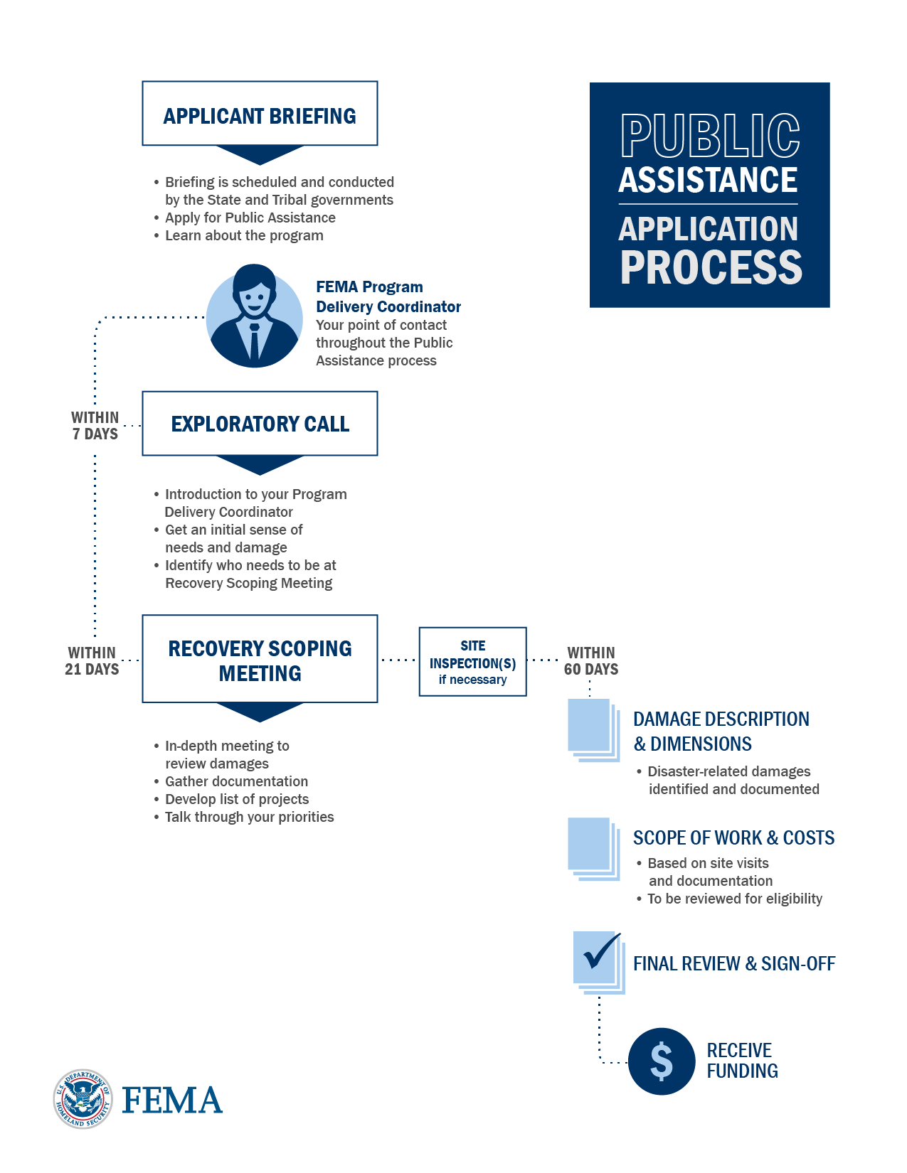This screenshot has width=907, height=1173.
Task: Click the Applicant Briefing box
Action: [x=260, y=114]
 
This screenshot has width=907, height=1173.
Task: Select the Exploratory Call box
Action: [x=260, y=424]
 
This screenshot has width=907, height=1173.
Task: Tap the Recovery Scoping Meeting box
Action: [x=260, y=659]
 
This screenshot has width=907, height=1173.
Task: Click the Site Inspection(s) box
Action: [x=472, y=662]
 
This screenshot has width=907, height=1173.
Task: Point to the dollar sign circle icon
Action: [x=661, y=1061]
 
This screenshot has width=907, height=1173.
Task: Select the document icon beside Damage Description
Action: [x=593, y=729]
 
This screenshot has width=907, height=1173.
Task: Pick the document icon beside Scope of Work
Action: [x=593, y=848]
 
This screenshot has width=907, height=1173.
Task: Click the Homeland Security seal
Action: [x=83, y=1099]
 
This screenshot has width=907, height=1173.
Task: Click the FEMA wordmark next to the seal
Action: [x=172, y=1100]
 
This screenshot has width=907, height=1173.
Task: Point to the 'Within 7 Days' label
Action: [x=95, y=426]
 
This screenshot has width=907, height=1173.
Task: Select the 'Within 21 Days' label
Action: [x=92, y=661]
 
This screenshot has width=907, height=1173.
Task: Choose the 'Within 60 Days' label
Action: [x=591, y=661]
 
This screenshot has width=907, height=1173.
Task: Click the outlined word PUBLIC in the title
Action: [x=710, y=136]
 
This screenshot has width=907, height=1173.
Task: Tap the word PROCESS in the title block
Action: [x=711, y=267]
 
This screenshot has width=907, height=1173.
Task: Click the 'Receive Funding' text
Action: [x=742, y=1061]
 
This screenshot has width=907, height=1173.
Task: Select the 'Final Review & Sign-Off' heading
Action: [x=734, y=964]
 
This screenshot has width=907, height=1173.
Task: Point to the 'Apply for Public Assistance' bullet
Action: [x=250, y=218]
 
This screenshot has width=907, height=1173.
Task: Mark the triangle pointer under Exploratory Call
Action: [x=260, y=464]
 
